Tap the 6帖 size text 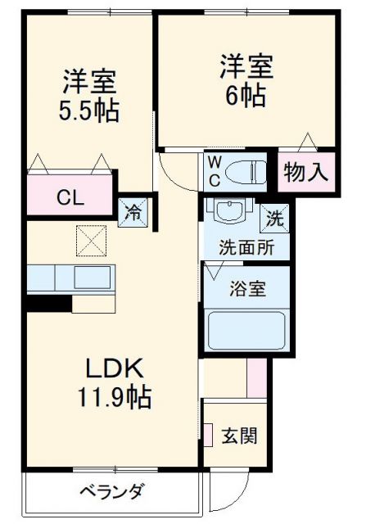245,96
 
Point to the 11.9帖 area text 113,398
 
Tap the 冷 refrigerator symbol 132,210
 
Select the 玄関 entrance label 239,434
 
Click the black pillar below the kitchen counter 47,303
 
